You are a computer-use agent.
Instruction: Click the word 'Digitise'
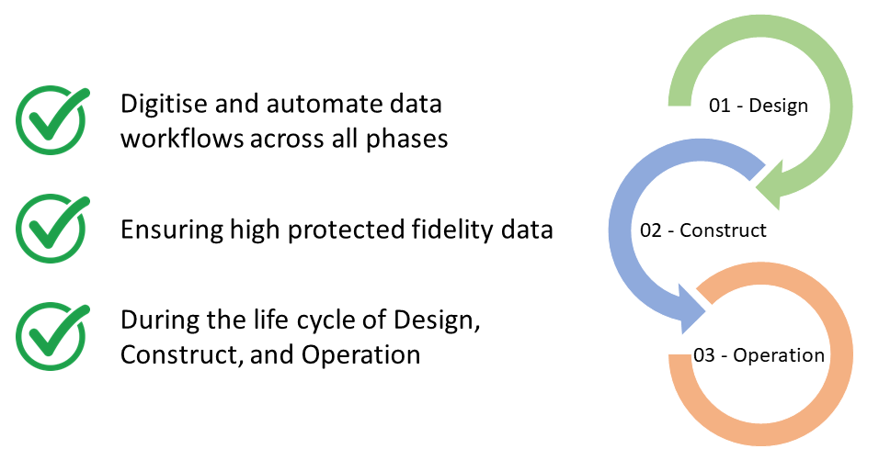(162, 105)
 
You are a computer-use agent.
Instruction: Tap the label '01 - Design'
(759, 106)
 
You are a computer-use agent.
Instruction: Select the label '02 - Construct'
(703, 230)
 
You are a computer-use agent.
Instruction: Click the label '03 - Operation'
(759, 354)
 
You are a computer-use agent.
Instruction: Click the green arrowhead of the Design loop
(773, 181)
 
